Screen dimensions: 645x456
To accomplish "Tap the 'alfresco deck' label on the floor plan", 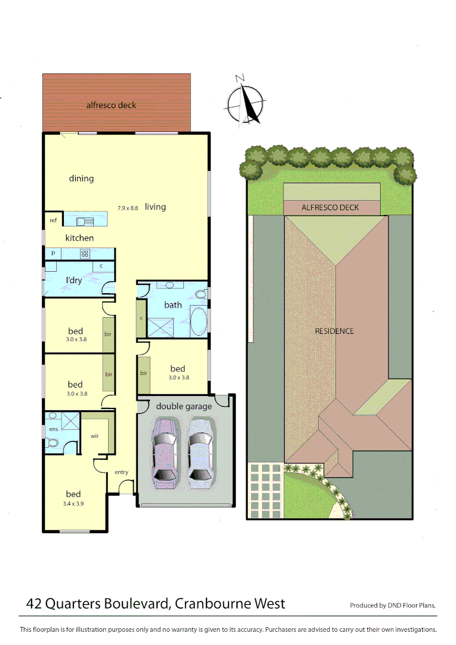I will coord(111,105).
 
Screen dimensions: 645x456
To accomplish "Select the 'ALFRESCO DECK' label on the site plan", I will coord(330,208).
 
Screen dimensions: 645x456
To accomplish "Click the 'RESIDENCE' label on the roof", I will coord(334,331).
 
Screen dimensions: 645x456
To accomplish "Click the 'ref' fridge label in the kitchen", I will coord(53,220).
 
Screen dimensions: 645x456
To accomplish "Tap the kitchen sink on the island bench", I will coord(84,221).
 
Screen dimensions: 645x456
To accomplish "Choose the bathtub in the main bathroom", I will coord(199,320).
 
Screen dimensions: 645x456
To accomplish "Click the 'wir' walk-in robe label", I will coord(94,436).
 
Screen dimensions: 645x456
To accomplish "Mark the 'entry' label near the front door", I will coord(121,472).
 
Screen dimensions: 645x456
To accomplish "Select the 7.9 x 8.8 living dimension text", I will coord(128,208).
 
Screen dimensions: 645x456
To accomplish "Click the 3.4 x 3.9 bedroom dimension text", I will coord(73,504).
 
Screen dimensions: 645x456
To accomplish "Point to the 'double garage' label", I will coord(184,406).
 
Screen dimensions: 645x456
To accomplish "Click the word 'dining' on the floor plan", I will coord(81,178).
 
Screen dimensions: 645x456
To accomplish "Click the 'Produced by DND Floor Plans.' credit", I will coord(392,605).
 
